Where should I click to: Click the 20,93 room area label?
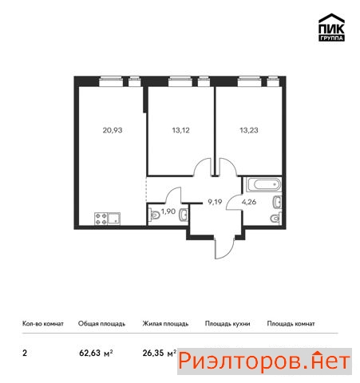(113, 130)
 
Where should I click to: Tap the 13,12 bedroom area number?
(180, 130)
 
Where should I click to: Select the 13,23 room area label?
(249, 130)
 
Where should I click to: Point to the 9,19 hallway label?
(215, 203)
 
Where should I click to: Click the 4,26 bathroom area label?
(249, 202)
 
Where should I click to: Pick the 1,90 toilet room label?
(168, 211)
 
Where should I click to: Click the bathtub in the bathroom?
(263, 185)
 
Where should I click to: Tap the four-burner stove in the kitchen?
(101, 219)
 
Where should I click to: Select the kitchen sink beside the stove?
(114, 219)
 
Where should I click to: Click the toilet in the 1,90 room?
(154, 215)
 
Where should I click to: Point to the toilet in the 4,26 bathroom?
(276, 218)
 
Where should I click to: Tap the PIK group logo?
(331, 27)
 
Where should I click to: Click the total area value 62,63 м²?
(96, 353)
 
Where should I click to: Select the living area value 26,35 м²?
(160, 353)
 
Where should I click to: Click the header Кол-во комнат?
(43, 324)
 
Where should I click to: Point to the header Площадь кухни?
(227, 324)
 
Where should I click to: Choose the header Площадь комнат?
(291, 324)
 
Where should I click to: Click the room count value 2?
(25, 353)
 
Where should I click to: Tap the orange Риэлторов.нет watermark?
(264, 361)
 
